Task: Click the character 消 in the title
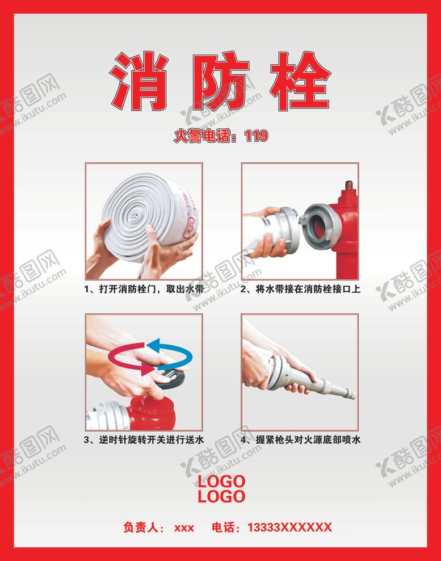[139, 81]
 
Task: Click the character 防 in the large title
[221, 81]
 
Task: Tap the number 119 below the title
[256, 136]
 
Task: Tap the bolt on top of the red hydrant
[349, 186]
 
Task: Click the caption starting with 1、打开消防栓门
[144, 289]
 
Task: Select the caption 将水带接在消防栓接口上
[308, 289]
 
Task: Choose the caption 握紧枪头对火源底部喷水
[308, 439]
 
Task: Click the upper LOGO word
[221, 481]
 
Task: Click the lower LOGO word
[221, 497]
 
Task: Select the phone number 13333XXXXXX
[289, 527]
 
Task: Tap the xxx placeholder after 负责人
[184, 528]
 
